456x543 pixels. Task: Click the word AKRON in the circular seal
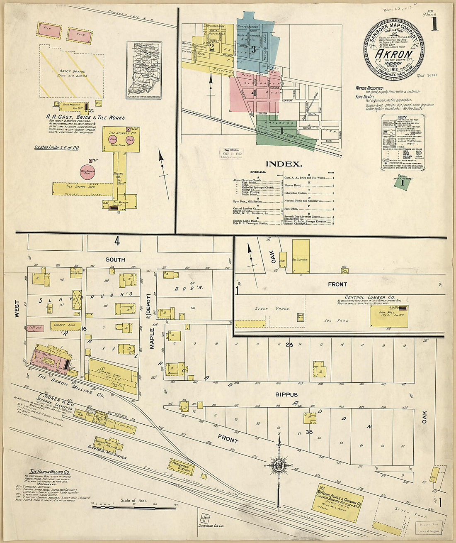393,54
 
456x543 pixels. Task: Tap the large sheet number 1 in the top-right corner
434,25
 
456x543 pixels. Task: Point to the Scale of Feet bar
134,507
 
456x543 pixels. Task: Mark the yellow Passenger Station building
182,467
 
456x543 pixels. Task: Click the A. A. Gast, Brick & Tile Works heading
85,117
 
